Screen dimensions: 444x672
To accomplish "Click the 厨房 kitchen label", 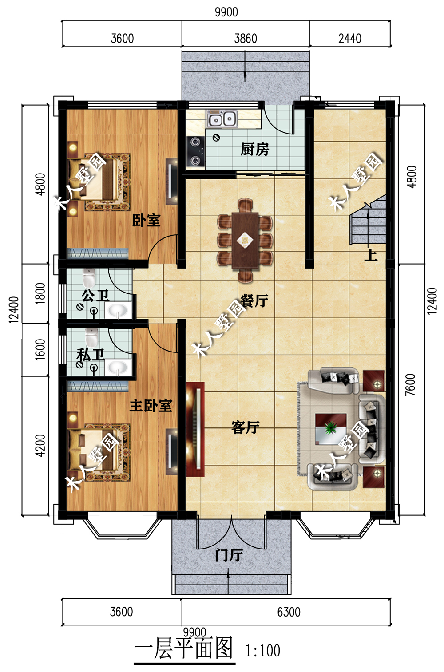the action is coord(255,150).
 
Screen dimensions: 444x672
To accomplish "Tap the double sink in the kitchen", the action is coord(222,119).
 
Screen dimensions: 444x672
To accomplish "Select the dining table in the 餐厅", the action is coord(245,240).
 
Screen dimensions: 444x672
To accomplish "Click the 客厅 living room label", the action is coord(245,427).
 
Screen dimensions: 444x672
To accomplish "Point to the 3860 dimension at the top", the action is coord(246,39).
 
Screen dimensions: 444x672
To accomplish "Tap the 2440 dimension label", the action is coord(350,39).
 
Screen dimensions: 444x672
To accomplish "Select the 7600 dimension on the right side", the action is coord(410,385).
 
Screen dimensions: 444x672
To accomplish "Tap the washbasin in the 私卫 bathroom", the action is coord(118,367).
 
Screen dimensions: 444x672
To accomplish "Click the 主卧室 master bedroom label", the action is coord(151,406).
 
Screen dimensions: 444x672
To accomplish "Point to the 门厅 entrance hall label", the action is coord(229,555).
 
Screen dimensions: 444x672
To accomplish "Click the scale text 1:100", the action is coord(263,650).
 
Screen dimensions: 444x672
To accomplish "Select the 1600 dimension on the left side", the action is coord(40,349).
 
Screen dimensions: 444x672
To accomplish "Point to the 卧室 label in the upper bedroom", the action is coord(146,221).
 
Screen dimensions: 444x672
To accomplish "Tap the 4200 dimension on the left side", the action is coord(40,446).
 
